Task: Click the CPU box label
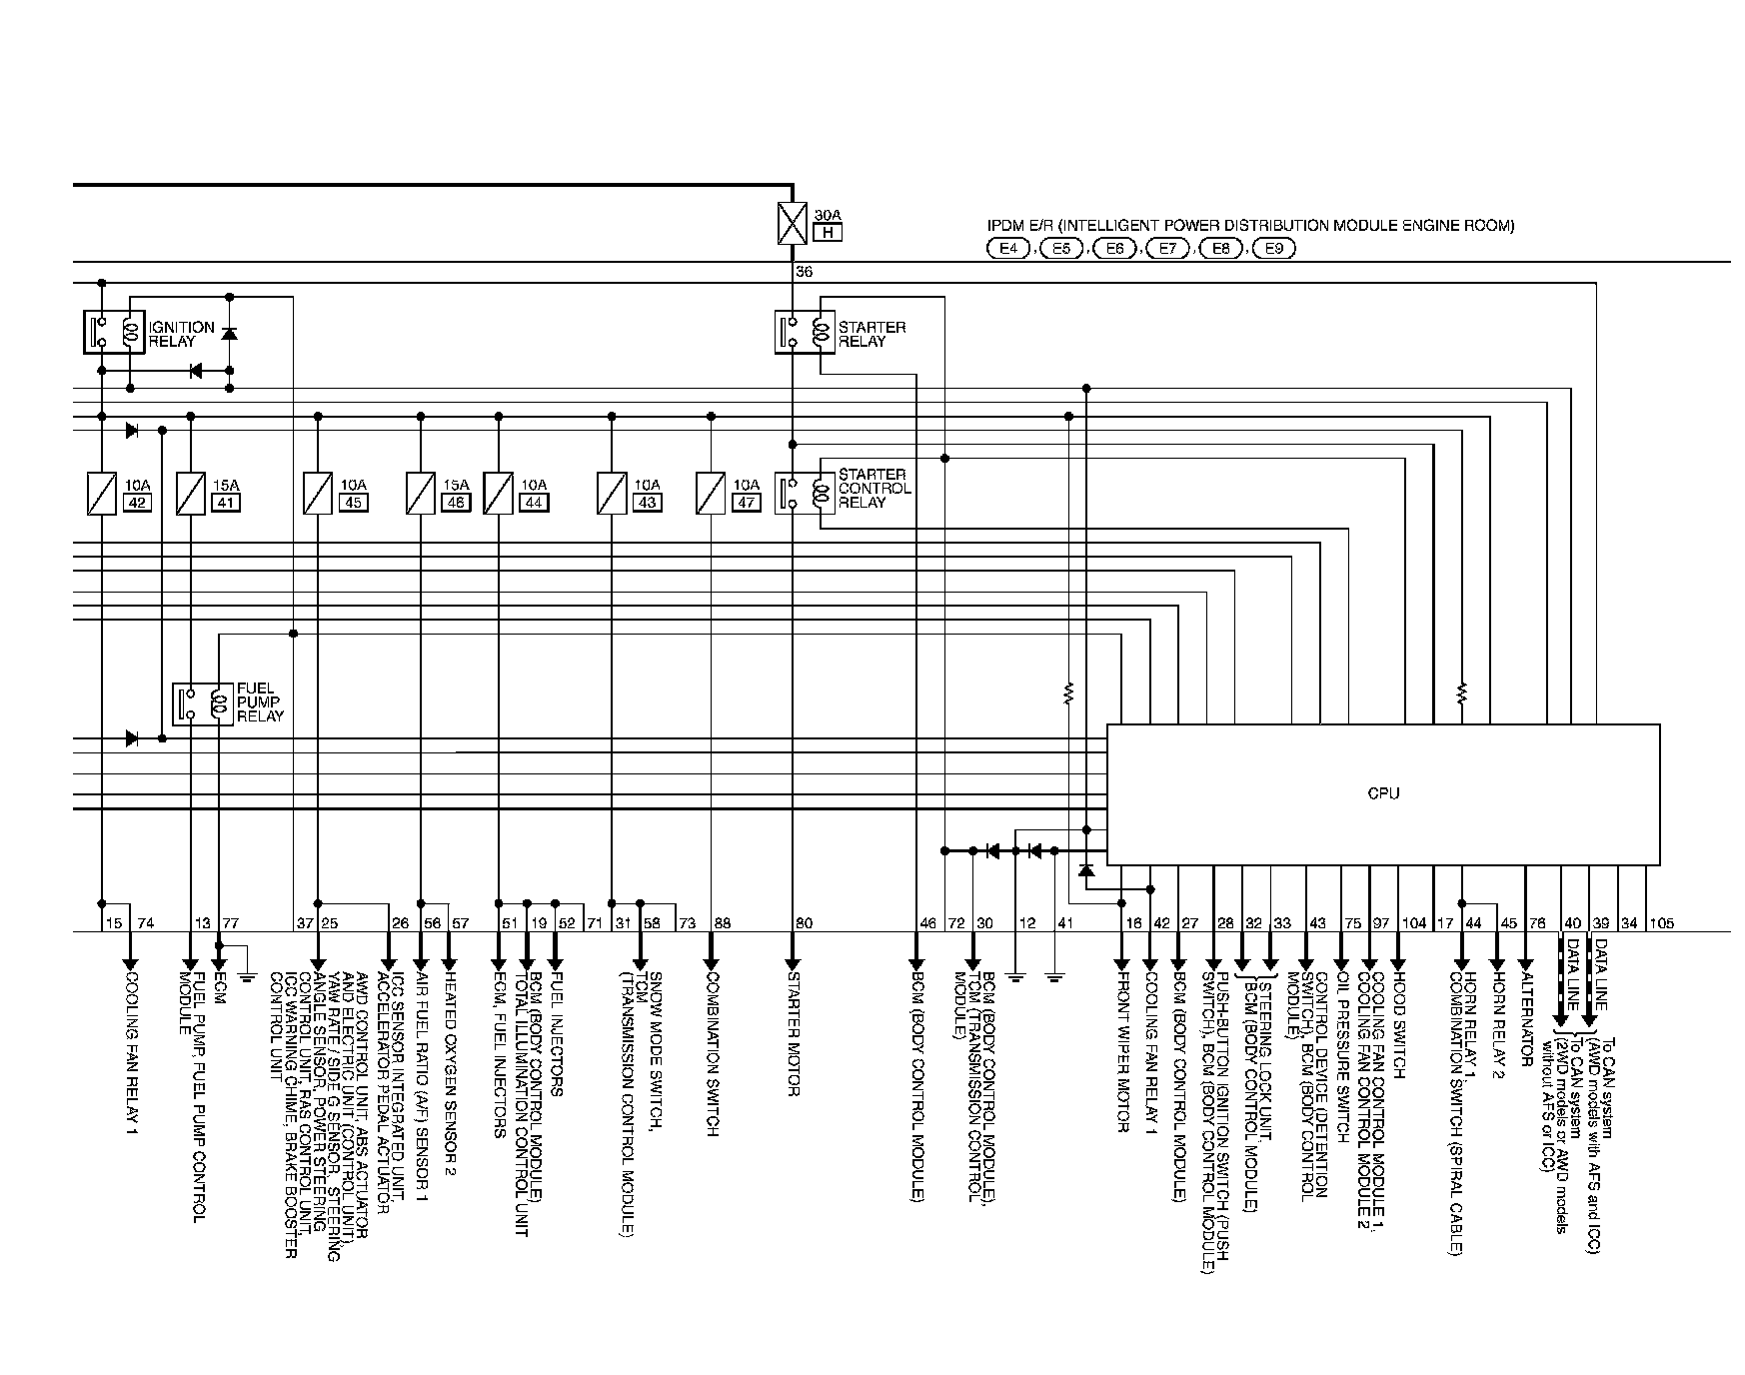[x=1383, y=793]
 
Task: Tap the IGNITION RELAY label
[x=181, y=334]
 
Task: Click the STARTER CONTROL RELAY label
[x=873, y=489]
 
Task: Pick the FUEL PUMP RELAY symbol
[x=203, y=704]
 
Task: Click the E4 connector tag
[x=1007, y=249]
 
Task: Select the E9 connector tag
[x=1272, y=249]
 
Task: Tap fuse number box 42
[x=137, y=503]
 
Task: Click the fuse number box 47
[x=746, y=503]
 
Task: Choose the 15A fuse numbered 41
[x=190, y=494]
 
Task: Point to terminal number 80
[x=804, y=923]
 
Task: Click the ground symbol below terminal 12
[x=1015, y=973]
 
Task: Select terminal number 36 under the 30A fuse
[x=804, y=272]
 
